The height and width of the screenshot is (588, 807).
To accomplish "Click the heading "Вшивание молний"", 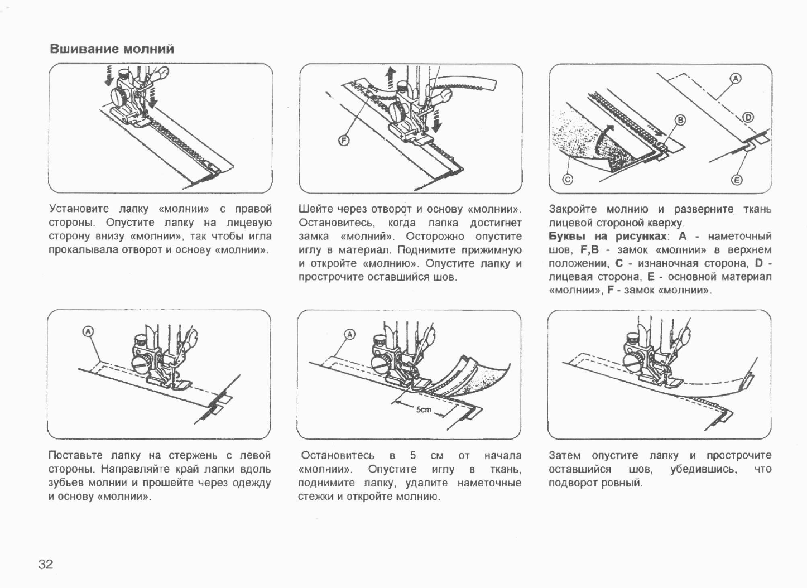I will coord(112,49).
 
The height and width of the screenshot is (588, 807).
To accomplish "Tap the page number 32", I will coord(46,564).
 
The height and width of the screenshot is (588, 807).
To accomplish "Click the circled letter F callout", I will coord(344,141).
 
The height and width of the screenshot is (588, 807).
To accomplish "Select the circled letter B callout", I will coord(680,120).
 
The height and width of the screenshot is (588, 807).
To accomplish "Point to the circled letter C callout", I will coord(568,180).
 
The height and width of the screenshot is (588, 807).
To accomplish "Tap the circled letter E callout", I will coord(737,180).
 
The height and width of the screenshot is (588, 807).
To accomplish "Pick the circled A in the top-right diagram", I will coord(736,79).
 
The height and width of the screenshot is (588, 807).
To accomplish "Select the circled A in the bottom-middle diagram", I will coord(350,335).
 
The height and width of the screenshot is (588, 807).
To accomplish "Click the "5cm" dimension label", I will coord(424,410).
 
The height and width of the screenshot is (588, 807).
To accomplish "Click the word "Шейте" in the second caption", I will coord(313,209).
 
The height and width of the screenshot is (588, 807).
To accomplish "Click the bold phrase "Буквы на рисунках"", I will coord(607,236).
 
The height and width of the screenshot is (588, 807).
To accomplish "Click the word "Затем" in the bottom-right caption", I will coord(565,456).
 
